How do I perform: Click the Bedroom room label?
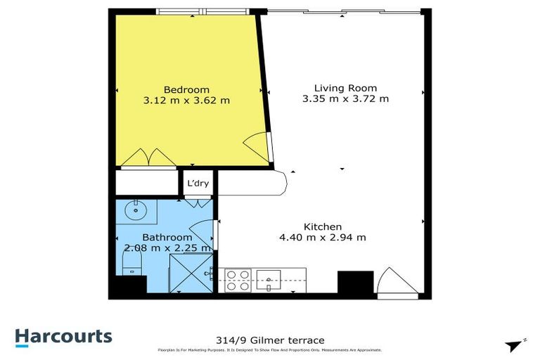tap(186, 89)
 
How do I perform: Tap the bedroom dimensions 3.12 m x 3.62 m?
tap(186, 101)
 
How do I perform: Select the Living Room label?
tap(345, 88)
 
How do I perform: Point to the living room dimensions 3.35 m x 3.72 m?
tap(345, 99)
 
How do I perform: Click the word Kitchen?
tap(323, 226)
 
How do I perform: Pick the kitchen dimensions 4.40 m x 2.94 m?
tap(323, 238)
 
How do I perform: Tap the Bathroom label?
tap(167, 238)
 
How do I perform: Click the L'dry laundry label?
tap(195, 184)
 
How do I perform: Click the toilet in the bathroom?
tap(131, 264)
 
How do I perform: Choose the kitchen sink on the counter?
tap(269, 276)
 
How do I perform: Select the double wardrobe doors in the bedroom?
tap(148, 158)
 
